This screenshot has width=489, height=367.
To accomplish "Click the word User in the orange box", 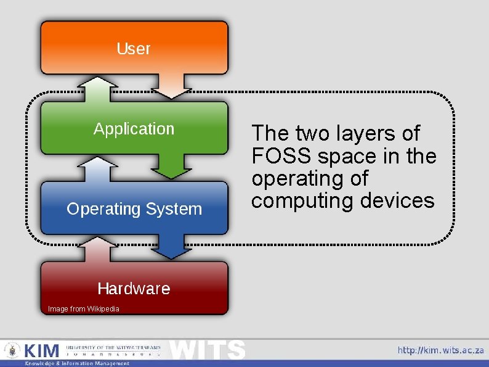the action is [x=134, y=49].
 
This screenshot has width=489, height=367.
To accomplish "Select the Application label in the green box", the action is [x=134, y=129].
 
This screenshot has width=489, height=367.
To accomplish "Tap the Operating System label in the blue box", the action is [x=134, y=209].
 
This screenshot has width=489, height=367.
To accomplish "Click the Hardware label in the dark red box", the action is [x=134, y=289].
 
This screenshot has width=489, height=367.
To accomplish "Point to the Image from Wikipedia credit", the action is [x=84, y=309].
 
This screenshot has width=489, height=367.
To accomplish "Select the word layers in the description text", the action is [x=365, y=134].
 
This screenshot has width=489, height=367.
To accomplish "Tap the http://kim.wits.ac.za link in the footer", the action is [x=440, y=350].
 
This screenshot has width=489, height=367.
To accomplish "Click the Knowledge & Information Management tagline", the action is [x=77, y=363].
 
